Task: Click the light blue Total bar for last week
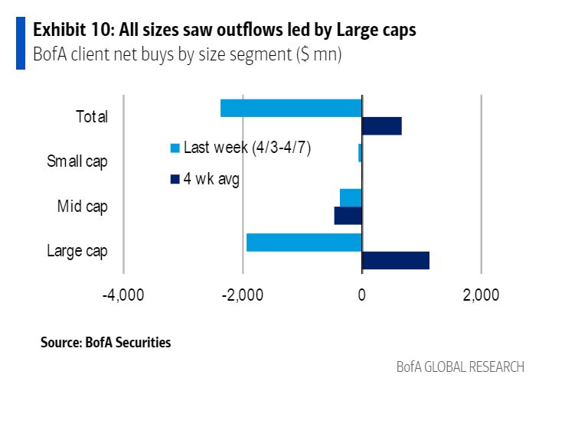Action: pos(291,108)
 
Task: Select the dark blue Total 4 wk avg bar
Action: pos(381,126)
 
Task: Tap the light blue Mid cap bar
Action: pos(351,197)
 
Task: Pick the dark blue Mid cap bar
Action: pos(348,216)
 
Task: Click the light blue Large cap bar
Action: pos(304,243)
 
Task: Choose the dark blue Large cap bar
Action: pos(395,261)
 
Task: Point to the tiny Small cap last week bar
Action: pos(360,153)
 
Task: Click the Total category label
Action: pos(92,117)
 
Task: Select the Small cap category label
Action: pos(77,161)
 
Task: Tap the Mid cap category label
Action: pos(83,207)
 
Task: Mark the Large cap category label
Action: pos(77,251)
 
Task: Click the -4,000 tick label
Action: pos(123,295)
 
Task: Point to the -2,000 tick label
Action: pos(243,295)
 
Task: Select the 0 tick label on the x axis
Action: pos(362,295)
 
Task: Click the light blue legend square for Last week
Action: pos(175,148)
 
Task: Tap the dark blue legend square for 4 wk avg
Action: pos(175,180)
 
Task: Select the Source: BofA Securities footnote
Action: pos(106,343)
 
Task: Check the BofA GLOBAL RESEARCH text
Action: pos(460,367)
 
